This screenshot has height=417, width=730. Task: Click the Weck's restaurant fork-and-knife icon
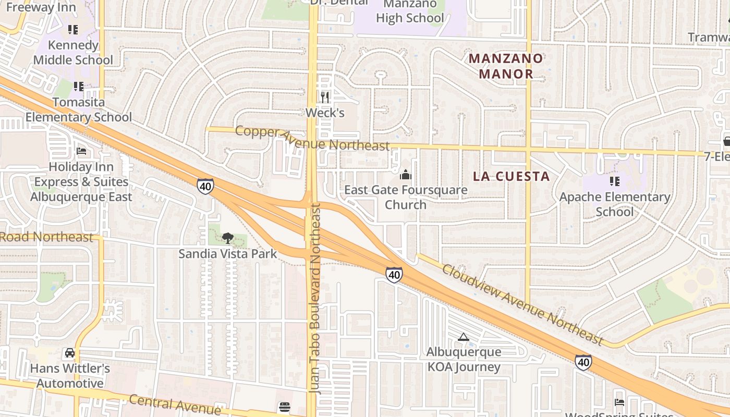(325, 97)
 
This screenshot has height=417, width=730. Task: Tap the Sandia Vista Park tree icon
(227, 238)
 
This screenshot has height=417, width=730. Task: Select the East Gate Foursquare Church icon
(406, 175)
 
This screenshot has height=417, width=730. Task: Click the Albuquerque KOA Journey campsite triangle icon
(463, 337)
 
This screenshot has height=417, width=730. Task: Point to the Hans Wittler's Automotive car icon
(69, 353)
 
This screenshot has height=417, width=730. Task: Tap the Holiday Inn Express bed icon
(81, 151)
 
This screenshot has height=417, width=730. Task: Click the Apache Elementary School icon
(615, 181)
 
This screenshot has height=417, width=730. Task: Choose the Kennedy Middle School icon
(73, 30)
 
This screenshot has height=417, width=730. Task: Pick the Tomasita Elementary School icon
(79, 86)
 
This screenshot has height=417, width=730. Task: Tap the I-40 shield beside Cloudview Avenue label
(394, 274)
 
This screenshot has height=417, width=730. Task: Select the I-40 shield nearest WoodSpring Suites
(583, 362)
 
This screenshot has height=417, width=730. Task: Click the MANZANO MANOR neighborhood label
(506, 66)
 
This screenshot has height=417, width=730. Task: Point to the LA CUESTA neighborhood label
(512, 176)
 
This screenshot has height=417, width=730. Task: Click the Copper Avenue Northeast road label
(312, 138)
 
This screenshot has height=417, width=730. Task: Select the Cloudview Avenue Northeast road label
(522, 304)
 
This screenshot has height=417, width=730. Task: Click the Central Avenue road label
(174, 404)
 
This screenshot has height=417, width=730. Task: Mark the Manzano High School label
(410, 11)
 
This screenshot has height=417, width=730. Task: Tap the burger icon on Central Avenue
(284, 407)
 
